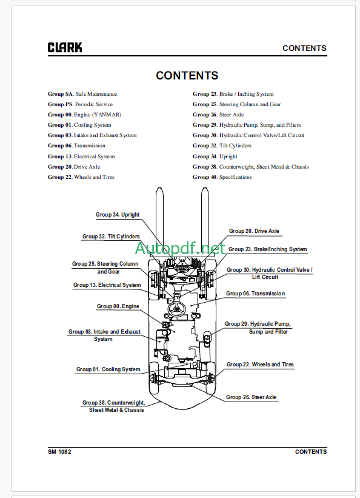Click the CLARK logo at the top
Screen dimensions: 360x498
tap(65, 48)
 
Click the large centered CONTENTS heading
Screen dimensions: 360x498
tap(187, 76)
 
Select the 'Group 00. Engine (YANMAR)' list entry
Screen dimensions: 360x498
tap(84, 115)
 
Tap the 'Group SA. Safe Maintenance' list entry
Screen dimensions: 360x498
tap(82, 94)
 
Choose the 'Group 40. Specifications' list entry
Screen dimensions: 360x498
tap(222, 177)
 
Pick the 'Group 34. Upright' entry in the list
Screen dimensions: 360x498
tap(215, 156)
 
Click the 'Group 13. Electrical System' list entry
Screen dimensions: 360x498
tap(81, 156)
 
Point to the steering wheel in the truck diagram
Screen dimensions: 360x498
tap(177, 308)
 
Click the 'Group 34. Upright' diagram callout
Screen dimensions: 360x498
tap(118, 215)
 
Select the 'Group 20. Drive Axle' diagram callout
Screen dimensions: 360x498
tap(254, 231)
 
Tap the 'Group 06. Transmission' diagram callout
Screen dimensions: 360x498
tap(255, 294)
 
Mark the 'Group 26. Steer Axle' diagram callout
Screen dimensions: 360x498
tap(251, 397)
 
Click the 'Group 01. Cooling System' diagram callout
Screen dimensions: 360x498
tap(108, 369)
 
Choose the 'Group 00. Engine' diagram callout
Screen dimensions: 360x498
tap(118, 306)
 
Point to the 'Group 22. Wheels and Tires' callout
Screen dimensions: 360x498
tap(260, 365)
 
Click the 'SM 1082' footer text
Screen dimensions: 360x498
tap(59, 452)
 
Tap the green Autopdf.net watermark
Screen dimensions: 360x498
tap(181, 248)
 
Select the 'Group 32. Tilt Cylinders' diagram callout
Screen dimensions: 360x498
tap(111, 237)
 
